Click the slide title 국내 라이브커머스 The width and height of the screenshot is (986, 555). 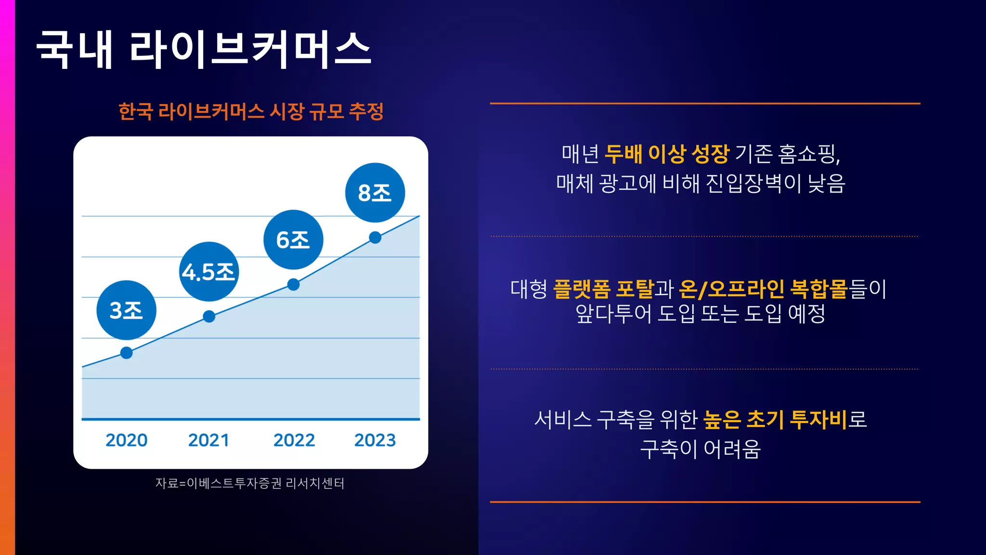[x=203, y=49]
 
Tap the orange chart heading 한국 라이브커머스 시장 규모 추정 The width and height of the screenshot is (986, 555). [x=251, y=112]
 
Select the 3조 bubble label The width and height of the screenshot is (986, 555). [x=126, y=310]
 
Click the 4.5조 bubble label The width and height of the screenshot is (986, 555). [x=208, y=272]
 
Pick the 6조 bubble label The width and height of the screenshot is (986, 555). [x=293, y=240]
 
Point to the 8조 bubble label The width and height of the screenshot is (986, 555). [x=375, y=193]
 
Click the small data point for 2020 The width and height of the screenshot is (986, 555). [x=127, y=353]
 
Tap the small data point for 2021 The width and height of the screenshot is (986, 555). [x=209, y=317]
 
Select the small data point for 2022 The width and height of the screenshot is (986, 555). [x=293, y=285]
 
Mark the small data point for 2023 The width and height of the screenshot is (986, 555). [x=375, y=238]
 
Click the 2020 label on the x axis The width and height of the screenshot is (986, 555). [x=127, y=440]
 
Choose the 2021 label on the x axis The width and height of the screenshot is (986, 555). [x=208, y=440]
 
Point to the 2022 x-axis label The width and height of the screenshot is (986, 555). [x=294, y=440]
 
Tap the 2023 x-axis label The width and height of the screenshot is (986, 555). [x=375, y=440]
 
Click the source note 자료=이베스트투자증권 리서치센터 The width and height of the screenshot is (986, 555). [x=250, y=483]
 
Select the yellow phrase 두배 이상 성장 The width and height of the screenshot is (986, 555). [x=667, y=154]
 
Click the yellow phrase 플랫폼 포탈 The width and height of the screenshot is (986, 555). [x=603, y=289]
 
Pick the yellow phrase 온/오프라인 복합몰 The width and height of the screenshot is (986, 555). [x=763, y=289]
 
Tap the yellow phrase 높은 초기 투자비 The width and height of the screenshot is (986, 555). [x=775, y=420]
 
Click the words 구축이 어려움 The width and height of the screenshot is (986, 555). [x=701, y=449]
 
